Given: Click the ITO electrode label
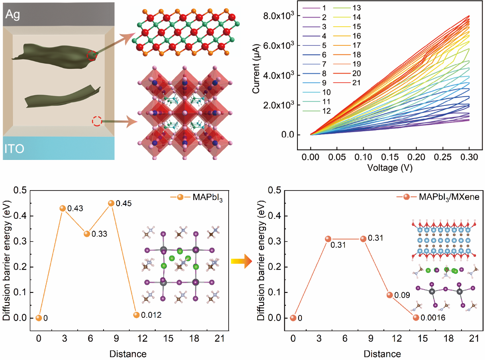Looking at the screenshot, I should pos(15,149).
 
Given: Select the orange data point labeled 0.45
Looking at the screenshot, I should pos(111,203).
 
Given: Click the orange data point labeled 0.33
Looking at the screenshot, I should pos(86,234).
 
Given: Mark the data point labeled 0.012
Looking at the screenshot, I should pos(136,315).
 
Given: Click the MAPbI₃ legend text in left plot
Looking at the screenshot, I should pos(208,197).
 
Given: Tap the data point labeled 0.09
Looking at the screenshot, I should pos(390,295).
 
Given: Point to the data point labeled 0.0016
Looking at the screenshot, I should pos(416,317).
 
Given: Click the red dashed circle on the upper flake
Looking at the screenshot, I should pos(92,55).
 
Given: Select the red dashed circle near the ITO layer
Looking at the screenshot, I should pos(96,121).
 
